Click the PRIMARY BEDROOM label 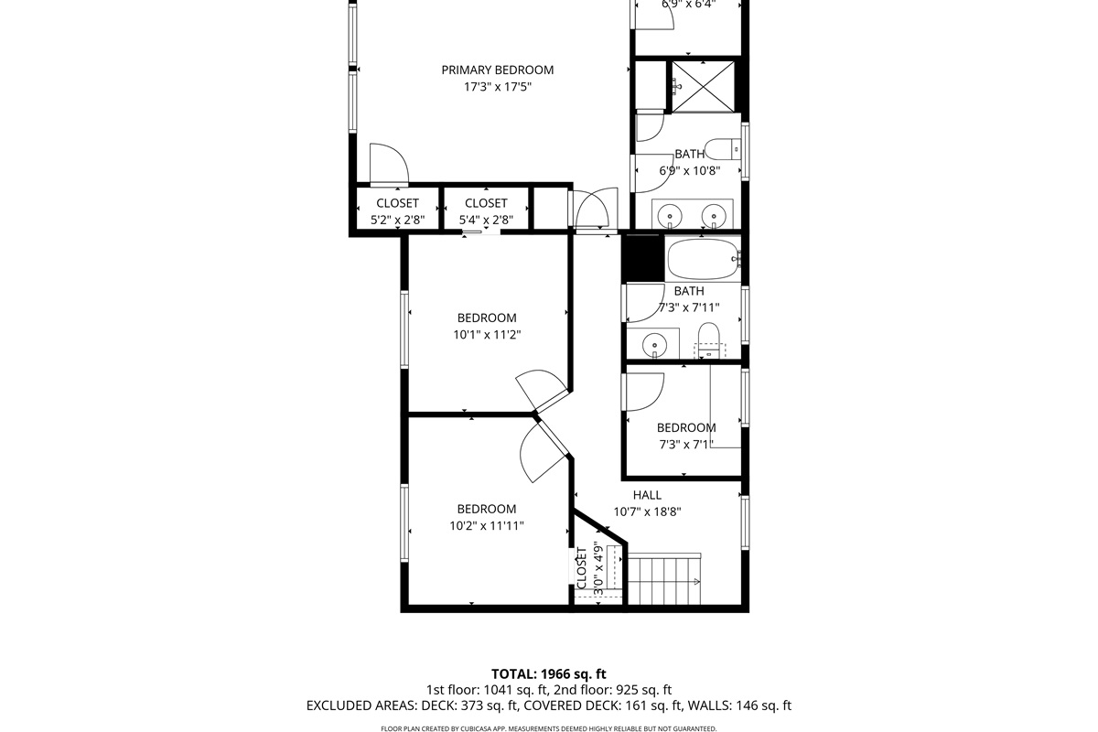[x=497, y=70]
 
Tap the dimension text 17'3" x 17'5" [x=497, y=88]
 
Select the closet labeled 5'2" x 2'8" [x=397, y=211]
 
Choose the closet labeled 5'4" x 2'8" [x=486, y=211]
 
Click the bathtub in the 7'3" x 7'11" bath [x=702, y=260]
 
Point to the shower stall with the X [x=703, y=86]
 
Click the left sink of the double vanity [x=671, y=216]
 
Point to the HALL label [x=647, y=495]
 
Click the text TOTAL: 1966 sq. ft [x=549, y=673]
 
